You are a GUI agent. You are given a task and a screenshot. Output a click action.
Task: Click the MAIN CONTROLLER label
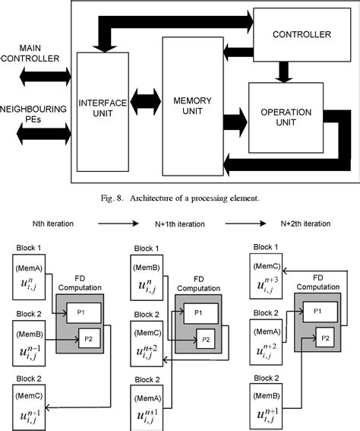(31, 53)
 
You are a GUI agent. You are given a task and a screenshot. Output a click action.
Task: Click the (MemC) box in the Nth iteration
(34, 404)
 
